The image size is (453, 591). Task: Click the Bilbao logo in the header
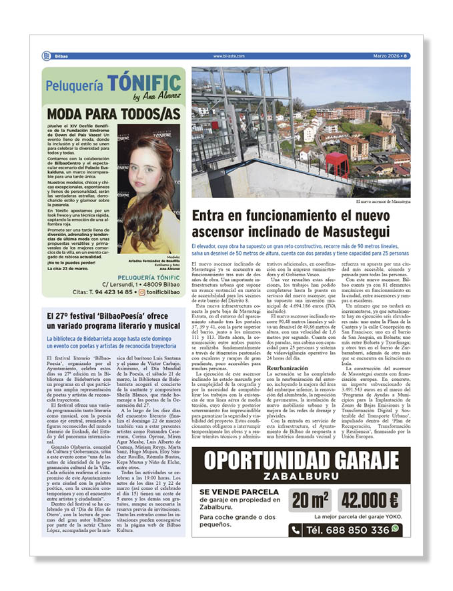tap(46, 56)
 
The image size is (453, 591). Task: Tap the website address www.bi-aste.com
tap(228, 56)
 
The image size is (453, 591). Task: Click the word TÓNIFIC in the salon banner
tap(144, 84)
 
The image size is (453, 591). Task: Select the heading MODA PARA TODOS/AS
tap(114, 114)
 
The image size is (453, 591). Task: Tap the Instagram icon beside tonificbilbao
tap(139, 291)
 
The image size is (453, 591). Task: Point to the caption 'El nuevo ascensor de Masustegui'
tap(384, 201)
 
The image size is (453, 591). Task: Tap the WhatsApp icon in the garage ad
tap(396, 528)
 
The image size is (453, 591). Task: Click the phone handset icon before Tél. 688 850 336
tap(296, 530)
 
